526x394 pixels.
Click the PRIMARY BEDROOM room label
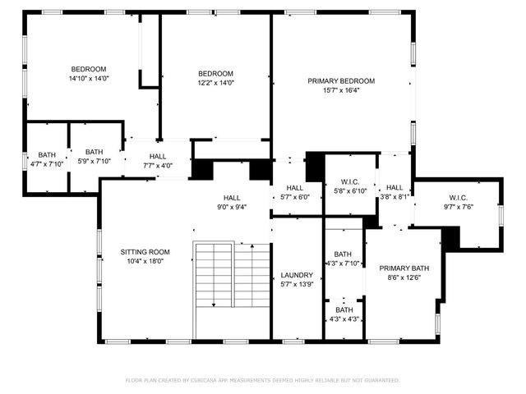coord(341,80)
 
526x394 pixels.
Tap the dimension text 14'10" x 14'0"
coord(89,79)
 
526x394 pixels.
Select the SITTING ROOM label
coord(145,252)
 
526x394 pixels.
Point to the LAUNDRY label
coord(295,275)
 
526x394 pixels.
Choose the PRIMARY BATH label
coord(404,268)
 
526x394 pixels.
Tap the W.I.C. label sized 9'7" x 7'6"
coord(458,197)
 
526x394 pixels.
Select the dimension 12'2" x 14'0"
coord(215,82)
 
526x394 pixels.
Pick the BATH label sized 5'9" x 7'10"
coord(95,151)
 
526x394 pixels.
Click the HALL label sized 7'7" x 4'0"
coord(158,157)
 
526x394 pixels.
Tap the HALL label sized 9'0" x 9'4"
coord(233,198)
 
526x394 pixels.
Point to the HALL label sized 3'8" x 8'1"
coord(394,187)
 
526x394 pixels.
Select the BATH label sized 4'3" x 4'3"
coord(344,309)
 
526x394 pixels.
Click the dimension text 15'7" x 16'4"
coord(341,90)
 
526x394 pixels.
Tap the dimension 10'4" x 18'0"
coord(145,261)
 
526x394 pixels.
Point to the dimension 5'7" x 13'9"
coord(295,284)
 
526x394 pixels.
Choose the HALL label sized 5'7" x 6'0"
coord(295,188)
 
